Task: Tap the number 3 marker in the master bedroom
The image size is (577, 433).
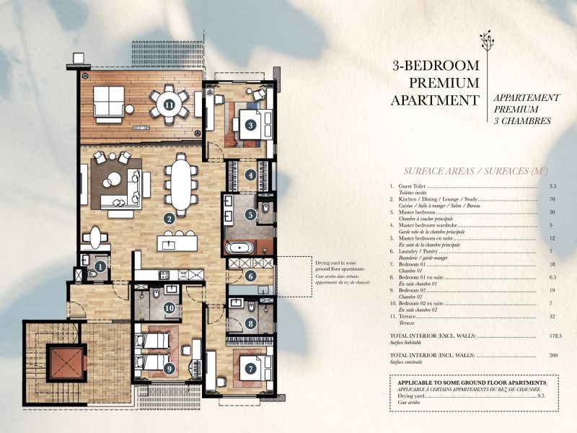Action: [x=250, y=124]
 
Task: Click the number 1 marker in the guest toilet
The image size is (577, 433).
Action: [x=101, y=266]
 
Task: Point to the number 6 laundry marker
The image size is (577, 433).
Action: [x=250, y=275]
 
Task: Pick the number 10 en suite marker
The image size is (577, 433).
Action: [x=169, y=308]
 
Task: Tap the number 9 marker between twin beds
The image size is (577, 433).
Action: [x=169, y=368]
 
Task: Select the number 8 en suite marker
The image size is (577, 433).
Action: [x=250, y=325]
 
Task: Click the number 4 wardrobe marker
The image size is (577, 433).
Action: [x=250, y=175]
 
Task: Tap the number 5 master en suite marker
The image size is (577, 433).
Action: [x=250, y=214]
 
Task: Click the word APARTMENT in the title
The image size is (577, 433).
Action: [x=434, y=100]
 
